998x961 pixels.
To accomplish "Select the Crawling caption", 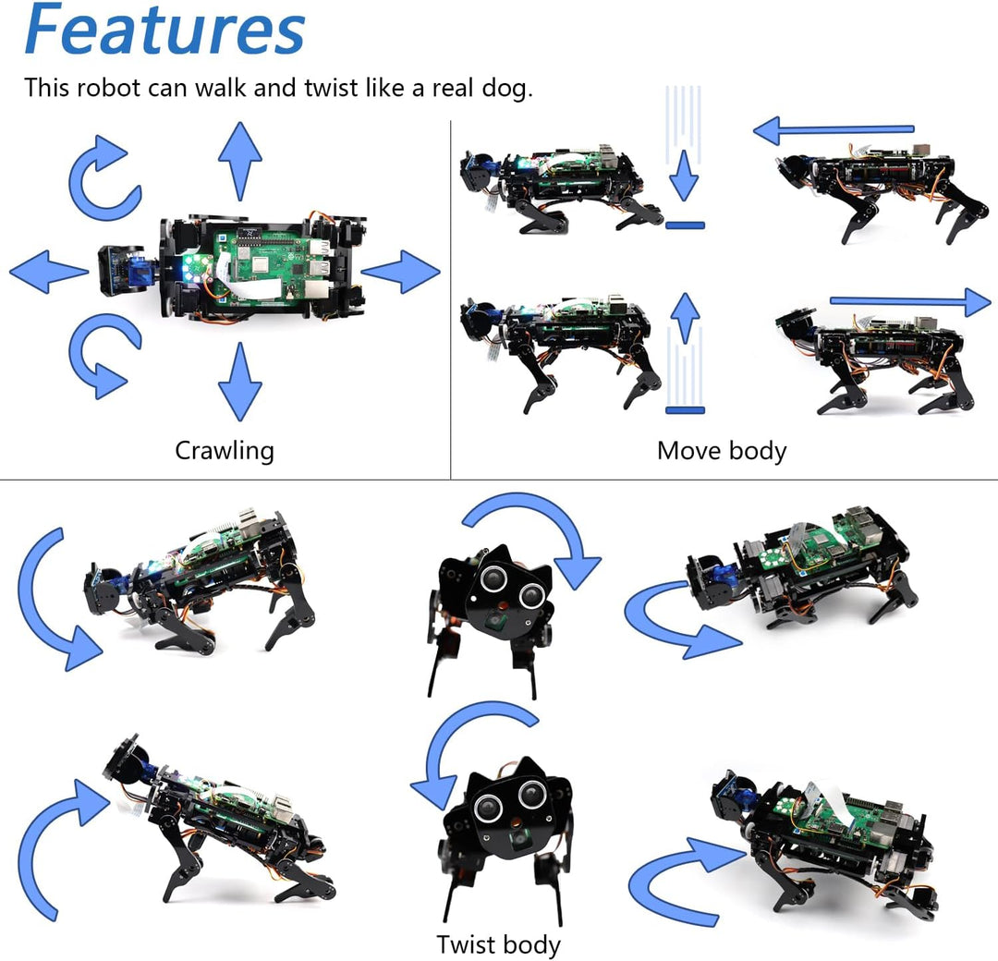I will (225, 451).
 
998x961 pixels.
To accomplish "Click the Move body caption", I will (722, 451).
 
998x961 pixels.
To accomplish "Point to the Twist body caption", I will (498, 944).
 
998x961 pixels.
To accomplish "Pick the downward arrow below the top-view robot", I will (239, 381).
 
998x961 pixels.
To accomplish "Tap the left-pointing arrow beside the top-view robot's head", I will (48, 273).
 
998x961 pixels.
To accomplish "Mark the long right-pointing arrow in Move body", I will (910, 301).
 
